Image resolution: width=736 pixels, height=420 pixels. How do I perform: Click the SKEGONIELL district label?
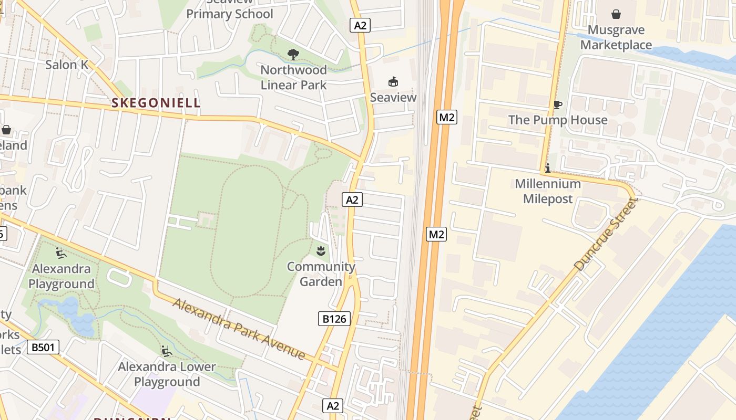(x=156, y=103)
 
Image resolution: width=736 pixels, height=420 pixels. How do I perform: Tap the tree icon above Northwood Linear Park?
(x=293, y=54)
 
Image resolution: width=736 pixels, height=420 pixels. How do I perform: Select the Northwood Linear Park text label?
(x=293, y=77)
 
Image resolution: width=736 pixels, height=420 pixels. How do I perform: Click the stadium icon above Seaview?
(x=393, y=82)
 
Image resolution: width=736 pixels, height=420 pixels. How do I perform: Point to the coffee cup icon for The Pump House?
(x=557, y=105)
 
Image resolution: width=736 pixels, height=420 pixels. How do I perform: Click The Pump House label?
(x=557, y=120)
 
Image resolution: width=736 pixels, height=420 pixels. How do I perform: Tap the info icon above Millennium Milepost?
(x=548, y=169)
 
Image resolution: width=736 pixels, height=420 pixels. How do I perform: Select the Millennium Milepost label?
(x=548, y=192)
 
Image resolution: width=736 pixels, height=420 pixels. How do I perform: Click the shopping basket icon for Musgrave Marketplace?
(x=616, y=14)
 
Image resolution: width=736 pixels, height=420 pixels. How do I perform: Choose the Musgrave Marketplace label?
(x=616, y=37)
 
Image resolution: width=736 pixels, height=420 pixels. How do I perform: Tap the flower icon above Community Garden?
(x=321, y=251)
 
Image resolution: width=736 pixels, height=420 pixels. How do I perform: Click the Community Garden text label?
(x=321, y=274)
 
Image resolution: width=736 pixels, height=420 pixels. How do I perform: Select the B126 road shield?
(x=334, y=319)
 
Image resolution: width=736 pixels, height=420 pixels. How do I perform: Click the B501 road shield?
(x=43, y=347)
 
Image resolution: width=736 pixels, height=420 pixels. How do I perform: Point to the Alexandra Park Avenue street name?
(x=239, y=329)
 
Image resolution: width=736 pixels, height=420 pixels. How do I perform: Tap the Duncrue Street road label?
(x=605, y=235)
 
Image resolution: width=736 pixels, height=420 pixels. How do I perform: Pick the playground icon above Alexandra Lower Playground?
(x=167, y=351)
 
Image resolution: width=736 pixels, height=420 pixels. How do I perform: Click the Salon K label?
(x=67, y=65)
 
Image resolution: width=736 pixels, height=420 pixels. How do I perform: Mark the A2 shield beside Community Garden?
(x=352, y=199)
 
